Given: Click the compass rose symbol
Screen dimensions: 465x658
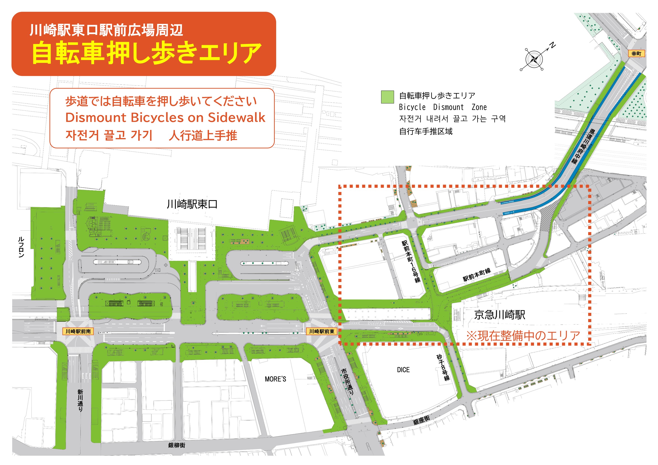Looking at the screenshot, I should tap(534, 59).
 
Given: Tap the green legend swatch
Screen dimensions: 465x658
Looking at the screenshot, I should tap(387, 97).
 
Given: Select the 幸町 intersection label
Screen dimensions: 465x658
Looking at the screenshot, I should tap(636, 53).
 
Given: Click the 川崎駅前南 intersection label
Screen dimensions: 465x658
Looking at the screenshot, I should tap(78, 331).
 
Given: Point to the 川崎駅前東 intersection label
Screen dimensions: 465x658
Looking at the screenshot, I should tap(322, 331).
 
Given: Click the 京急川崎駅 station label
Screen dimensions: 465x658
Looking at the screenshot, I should tap(499, 315).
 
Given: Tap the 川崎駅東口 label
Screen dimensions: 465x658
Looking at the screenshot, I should tap(192, 204).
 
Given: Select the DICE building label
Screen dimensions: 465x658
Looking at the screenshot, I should tap(403, 370).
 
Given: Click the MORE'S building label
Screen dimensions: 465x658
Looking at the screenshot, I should tap(275, 379).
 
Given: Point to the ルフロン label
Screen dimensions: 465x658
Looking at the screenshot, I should tap(21, 247).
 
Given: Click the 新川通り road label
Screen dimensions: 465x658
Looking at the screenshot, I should tap(80, 400).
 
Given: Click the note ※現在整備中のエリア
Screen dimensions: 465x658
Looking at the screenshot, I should tap(523, 336).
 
